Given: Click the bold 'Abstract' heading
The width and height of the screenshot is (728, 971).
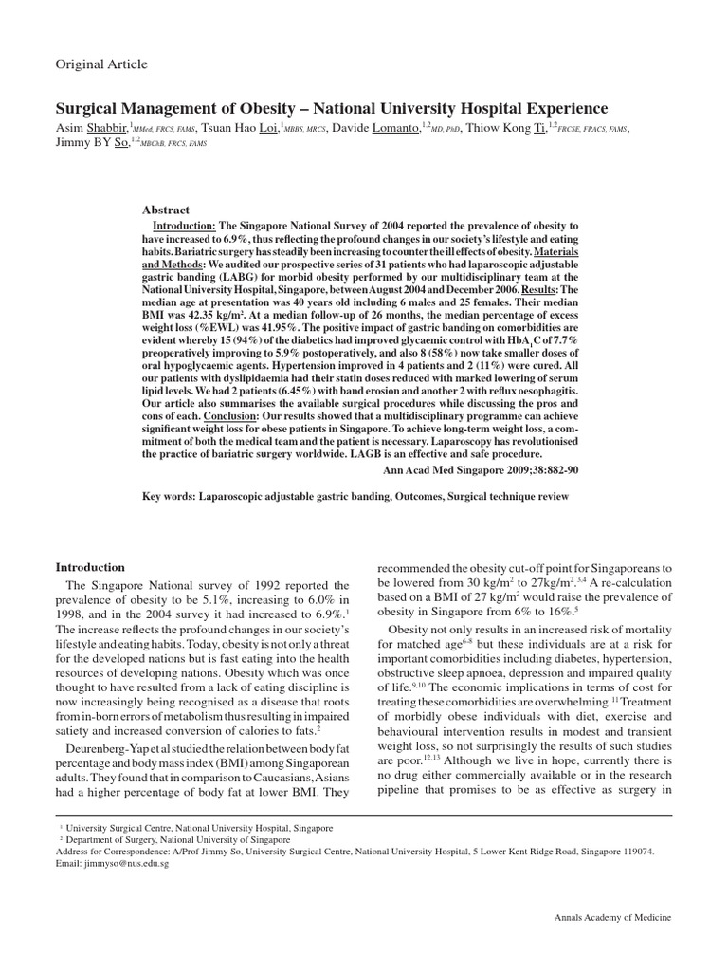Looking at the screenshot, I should pyautogui.click(x=166, y=210).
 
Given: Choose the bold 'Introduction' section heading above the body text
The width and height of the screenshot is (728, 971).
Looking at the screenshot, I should pyautogui.click(x=91, y=566).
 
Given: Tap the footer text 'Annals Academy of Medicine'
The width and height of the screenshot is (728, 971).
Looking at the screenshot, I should pyautogui.click(x=611, y=919).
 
